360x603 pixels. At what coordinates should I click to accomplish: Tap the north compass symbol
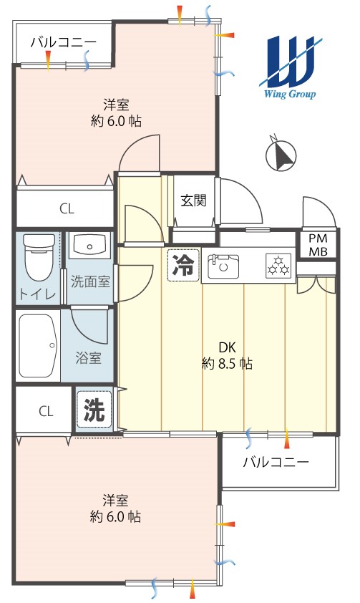point(281,154)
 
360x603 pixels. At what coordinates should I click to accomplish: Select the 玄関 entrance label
point(194,201)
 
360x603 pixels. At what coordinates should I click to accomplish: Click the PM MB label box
point(318,245)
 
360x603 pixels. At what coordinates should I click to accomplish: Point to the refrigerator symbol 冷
point(184,266)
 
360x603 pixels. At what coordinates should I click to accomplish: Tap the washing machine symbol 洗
point(94,410)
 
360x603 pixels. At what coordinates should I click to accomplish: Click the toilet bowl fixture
point(39,258)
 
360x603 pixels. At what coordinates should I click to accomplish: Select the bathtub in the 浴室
point(38,346)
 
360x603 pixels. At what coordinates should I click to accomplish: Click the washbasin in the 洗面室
point(89,246)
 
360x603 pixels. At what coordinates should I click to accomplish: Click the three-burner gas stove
point(278,266)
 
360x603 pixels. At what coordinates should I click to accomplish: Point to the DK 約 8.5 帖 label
point(227,355)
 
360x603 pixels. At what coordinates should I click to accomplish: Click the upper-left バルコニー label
point(64,42)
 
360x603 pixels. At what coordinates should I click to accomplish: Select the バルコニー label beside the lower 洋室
point(276,462)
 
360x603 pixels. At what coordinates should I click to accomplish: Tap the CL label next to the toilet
point(67,209)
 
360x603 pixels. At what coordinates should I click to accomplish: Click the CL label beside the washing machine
point(46,412)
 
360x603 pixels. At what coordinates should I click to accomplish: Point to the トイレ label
point(38,294)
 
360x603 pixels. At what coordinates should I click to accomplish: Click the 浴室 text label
point(88,358)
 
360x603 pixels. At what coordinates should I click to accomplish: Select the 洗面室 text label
point(90,282)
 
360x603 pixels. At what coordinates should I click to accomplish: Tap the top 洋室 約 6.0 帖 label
point(116,112)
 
